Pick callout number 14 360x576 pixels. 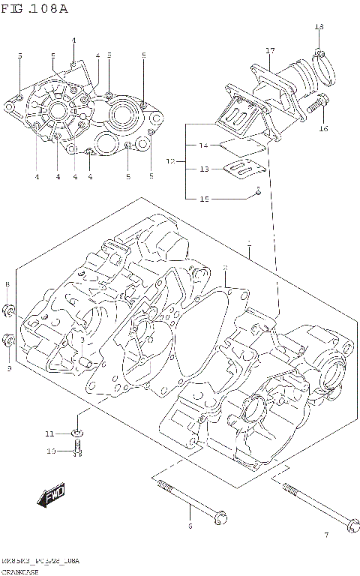(202, 145)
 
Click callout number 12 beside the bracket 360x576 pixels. (170, 160)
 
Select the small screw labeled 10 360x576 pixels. (78, 450)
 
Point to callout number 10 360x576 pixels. (51, 451)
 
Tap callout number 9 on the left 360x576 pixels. (8, 368)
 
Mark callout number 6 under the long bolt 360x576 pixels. (190, 526)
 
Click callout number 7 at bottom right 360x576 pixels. (325, 535)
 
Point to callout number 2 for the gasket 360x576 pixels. (224, 268)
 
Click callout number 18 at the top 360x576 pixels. (319, 27)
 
